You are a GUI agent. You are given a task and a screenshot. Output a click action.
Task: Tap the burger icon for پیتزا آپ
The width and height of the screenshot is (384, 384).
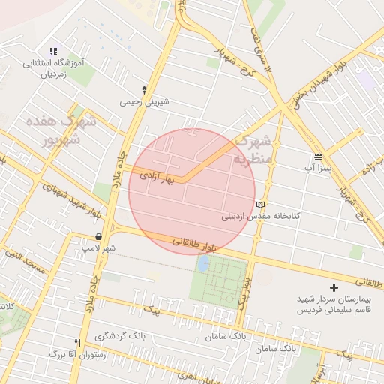point(319,157)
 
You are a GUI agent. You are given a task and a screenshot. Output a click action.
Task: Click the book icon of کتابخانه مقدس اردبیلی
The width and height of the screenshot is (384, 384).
point(261,204)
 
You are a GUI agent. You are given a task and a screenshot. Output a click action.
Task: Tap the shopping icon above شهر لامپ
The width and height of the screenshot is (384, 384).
point(98,237)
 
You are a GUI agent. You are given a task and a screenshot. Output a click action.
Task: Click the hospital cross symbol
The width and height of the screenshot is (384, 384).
point(334,286)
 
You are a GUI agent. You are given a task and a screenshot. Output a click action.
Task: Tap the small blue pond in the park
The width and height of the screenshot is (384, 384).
point(202,263)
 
